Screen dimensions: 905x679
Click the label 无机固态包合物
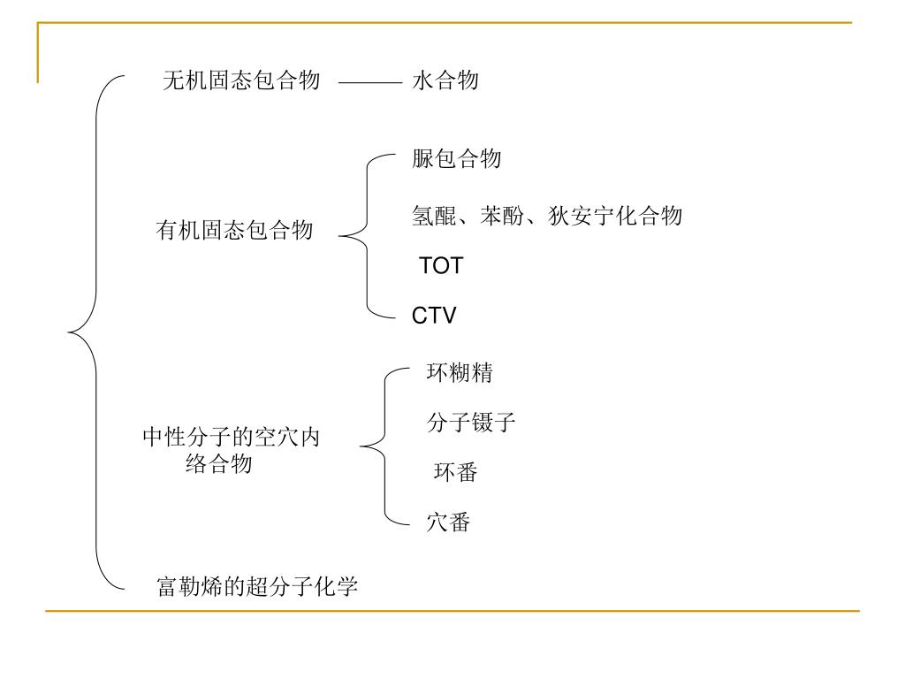click(x=241, y=81)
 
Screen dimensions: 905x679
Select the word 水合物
click(x=445, y=81)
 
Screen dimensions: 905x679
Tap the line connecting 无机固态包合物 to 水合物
click(x=369, y=83)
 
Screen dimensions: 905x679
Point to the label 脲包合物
click(x=457, y=159)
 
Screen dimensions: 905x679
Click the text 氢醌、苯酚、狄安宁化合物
click(x=547, y=216)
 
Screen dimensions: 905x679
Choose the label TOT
click(x=441, y=266)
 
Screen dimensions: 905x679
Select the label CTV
click(x=434, y=316)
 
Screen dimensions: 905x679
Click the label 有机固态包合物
click(x=235, y=232)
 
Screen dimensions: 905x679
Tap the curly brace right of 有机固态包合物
click(x=367, y=236)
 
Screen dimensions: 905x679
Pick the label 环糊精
click(x=460, y=373)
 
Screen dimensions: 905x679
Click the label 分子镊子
click(x=471, y=423)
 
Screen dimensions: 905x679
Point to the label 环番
click(x=456, y=473)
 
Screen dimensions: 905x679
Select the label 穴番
click(x=448, y=523)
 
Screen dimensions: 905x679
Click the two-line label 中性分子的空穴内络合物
click(x=232, y=450)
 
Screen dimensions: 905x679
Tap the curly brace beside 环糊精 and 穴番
click(x=385, y=448)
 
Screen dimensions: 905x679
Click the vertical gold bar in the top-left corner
click(x=38, y=53)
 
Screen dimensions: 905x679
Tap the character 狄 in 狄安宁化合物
click(x=559, y=216)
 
